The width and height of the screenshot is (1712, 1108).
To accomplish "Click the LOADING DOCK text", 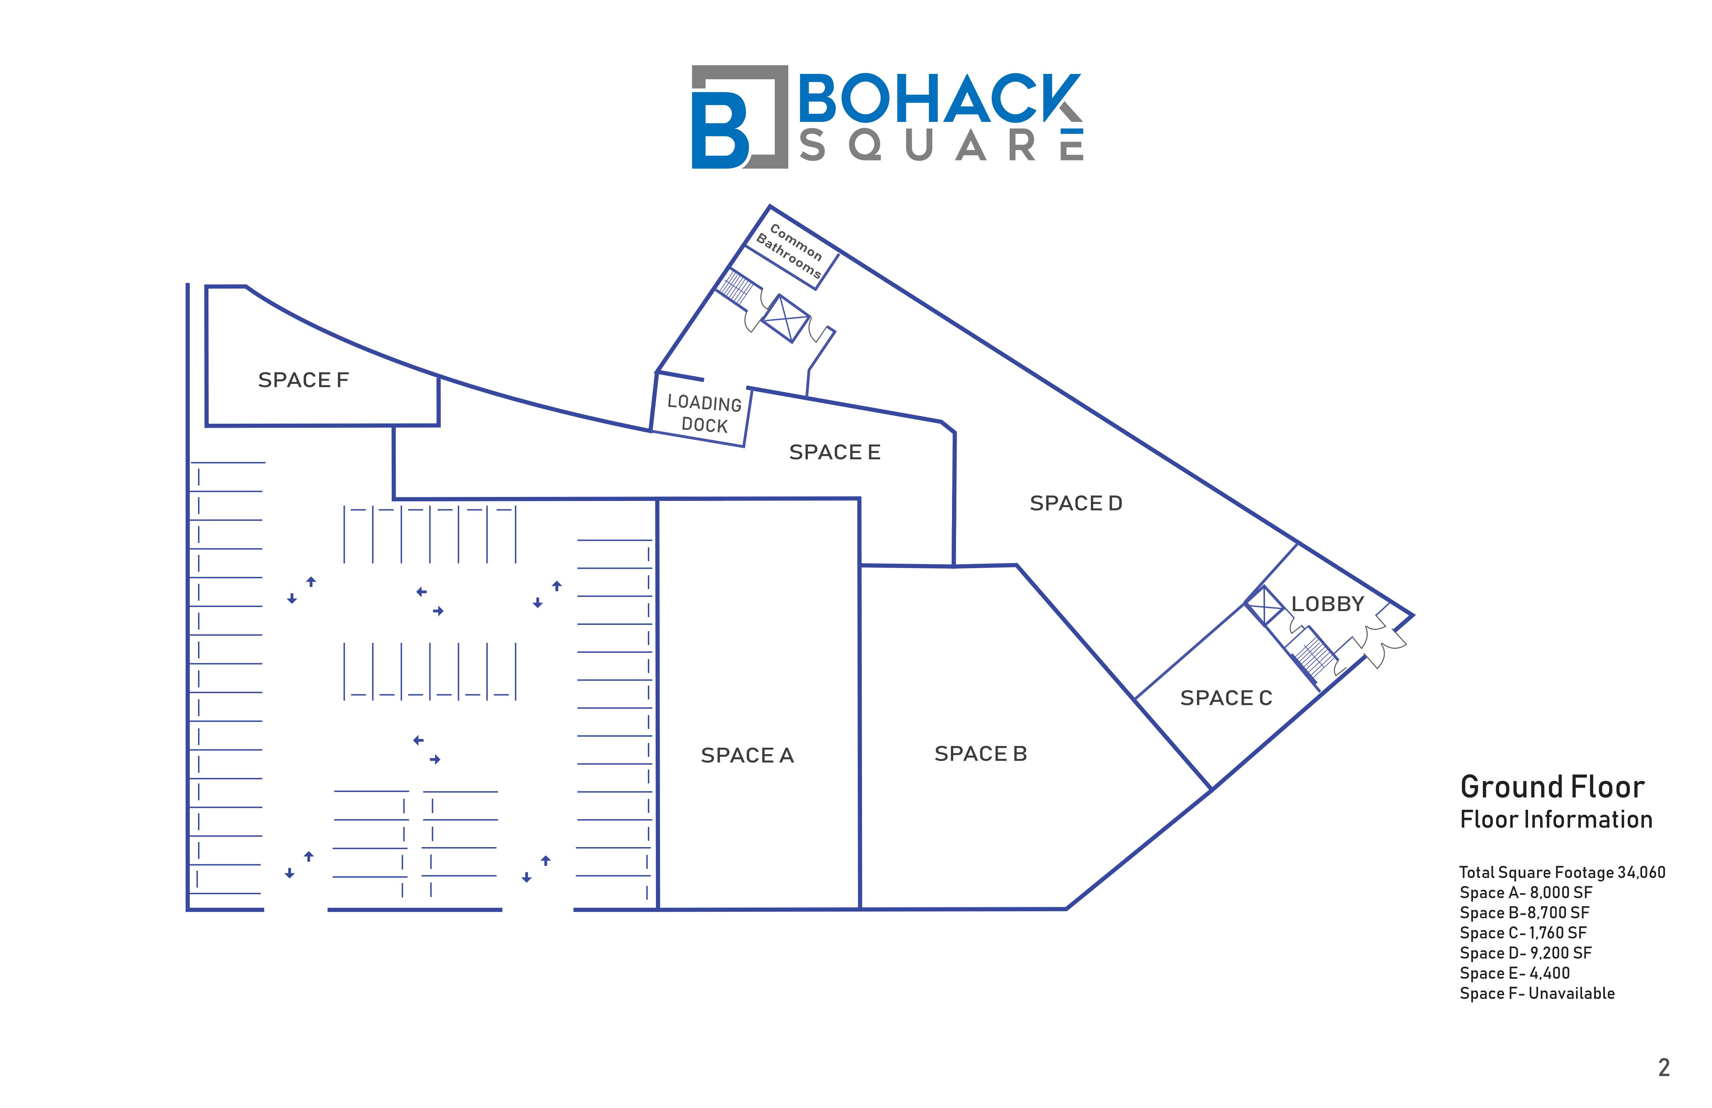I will (x=704, y=414).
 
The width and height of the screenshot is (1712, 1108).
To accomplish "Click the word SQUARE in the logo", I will (x=941, y=146).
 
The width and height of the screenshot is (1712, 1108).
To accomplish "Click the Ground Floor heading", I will (x=1552, y=787).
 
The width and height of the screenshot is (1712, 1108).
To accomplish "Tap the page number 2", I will (x=1663, y=1068).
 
